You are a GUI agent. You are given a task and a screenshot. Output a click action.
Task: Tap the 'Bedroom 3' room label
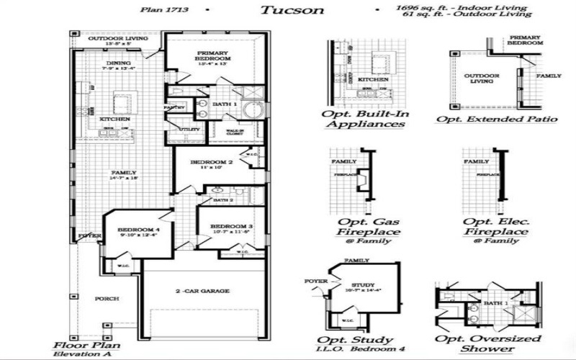pos(230,226)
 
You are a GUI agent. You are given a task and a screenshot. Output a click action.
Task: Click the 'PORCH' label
pos(107,298)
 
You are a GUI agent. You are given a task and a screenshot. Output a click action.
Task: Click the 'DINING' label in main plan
pos(119,63)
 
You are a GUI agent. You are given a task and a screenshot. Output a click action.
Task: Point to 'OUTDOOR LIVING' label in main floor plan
pos(118,38)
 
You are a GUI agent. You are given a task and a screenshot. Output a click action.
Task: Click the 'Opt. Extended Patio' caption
pos(497,119)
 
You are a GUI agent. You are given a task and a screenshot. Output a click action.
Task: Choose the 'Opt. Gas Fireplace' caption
pos(364,226)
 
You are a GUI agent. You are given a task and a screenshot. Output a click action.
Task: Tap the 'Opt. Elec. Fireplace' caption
pos(495,226)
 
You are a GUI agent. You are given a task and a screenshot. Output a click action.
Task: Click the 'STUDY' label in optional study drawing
pos(358,285)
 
